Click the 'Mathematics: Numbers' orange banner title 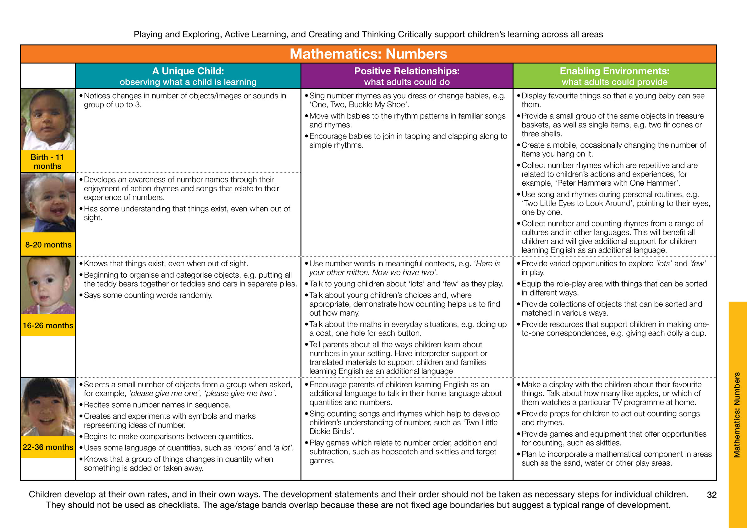pyautogui.click(x=368, y=54)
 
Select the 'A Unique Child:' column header pyautogui.click(x=188, y=71)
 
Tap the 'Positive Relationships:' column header pyautogui.click(x=407, y=71)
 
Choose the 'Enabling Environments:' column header pyautogui.click(x=614, y=71)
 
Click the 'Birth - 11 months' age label pyautogui.click(x=47, y=161)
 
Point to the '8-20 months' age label pyautogui.click(x=48, y=245)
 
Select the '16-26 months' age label pyautogui.click(x=48, y=325)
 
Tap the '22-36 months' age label pyautogui.click(x=48, y=447)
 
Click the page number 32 pyautogui.click(x=711, y=495)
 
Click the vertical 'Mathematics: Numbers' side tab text pyautogui.click(x=737, y=415)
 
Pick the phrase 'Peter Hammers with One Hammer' pyautogui.click(x=618, y=183)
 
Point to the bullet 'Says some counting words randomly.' pyautogui.click(x=148, y=295)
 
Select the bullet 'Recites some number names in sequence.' pyautogui.click(x=157, y=405)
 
